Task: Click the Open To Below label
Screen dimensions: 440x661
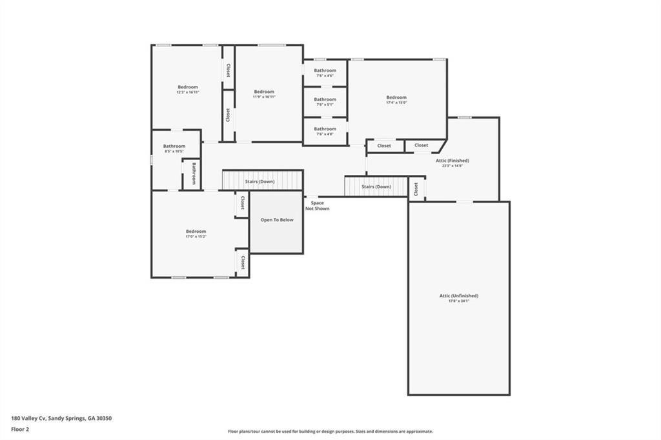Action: click(x=277, y=220)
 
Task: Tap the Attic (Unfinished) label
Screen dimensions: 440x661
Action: click(x=458, y=295)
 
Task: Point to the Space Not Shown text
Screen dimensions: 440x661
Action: click(x=317, y=206)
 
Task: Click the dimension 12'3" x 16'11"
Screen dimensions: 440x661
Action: click(x=188, y=92)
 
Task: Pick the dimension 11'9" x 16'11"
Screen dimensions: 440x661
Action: click(x=264, y=97)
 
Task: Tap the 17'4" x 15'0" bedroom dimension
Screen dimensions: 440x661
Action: click(x=396, y=103)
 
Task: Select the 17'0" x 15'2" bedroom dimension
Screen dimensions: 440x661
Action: click(x=196, y=237)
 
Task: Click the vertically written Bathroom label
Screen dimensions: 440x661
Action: click(x=193, y=173)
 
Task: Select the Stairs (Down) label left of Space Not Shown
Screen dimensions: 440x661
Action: click(x=259, y=182)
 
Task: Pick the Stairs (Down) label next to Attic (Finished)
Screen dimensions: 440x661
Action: click(x=376, y=186)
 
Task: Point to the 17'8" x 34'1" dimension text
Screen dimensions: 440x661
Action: click(x=458, y=301)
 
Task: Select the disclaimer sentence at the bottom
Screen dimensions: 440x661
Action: click(x=330, y=432)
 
